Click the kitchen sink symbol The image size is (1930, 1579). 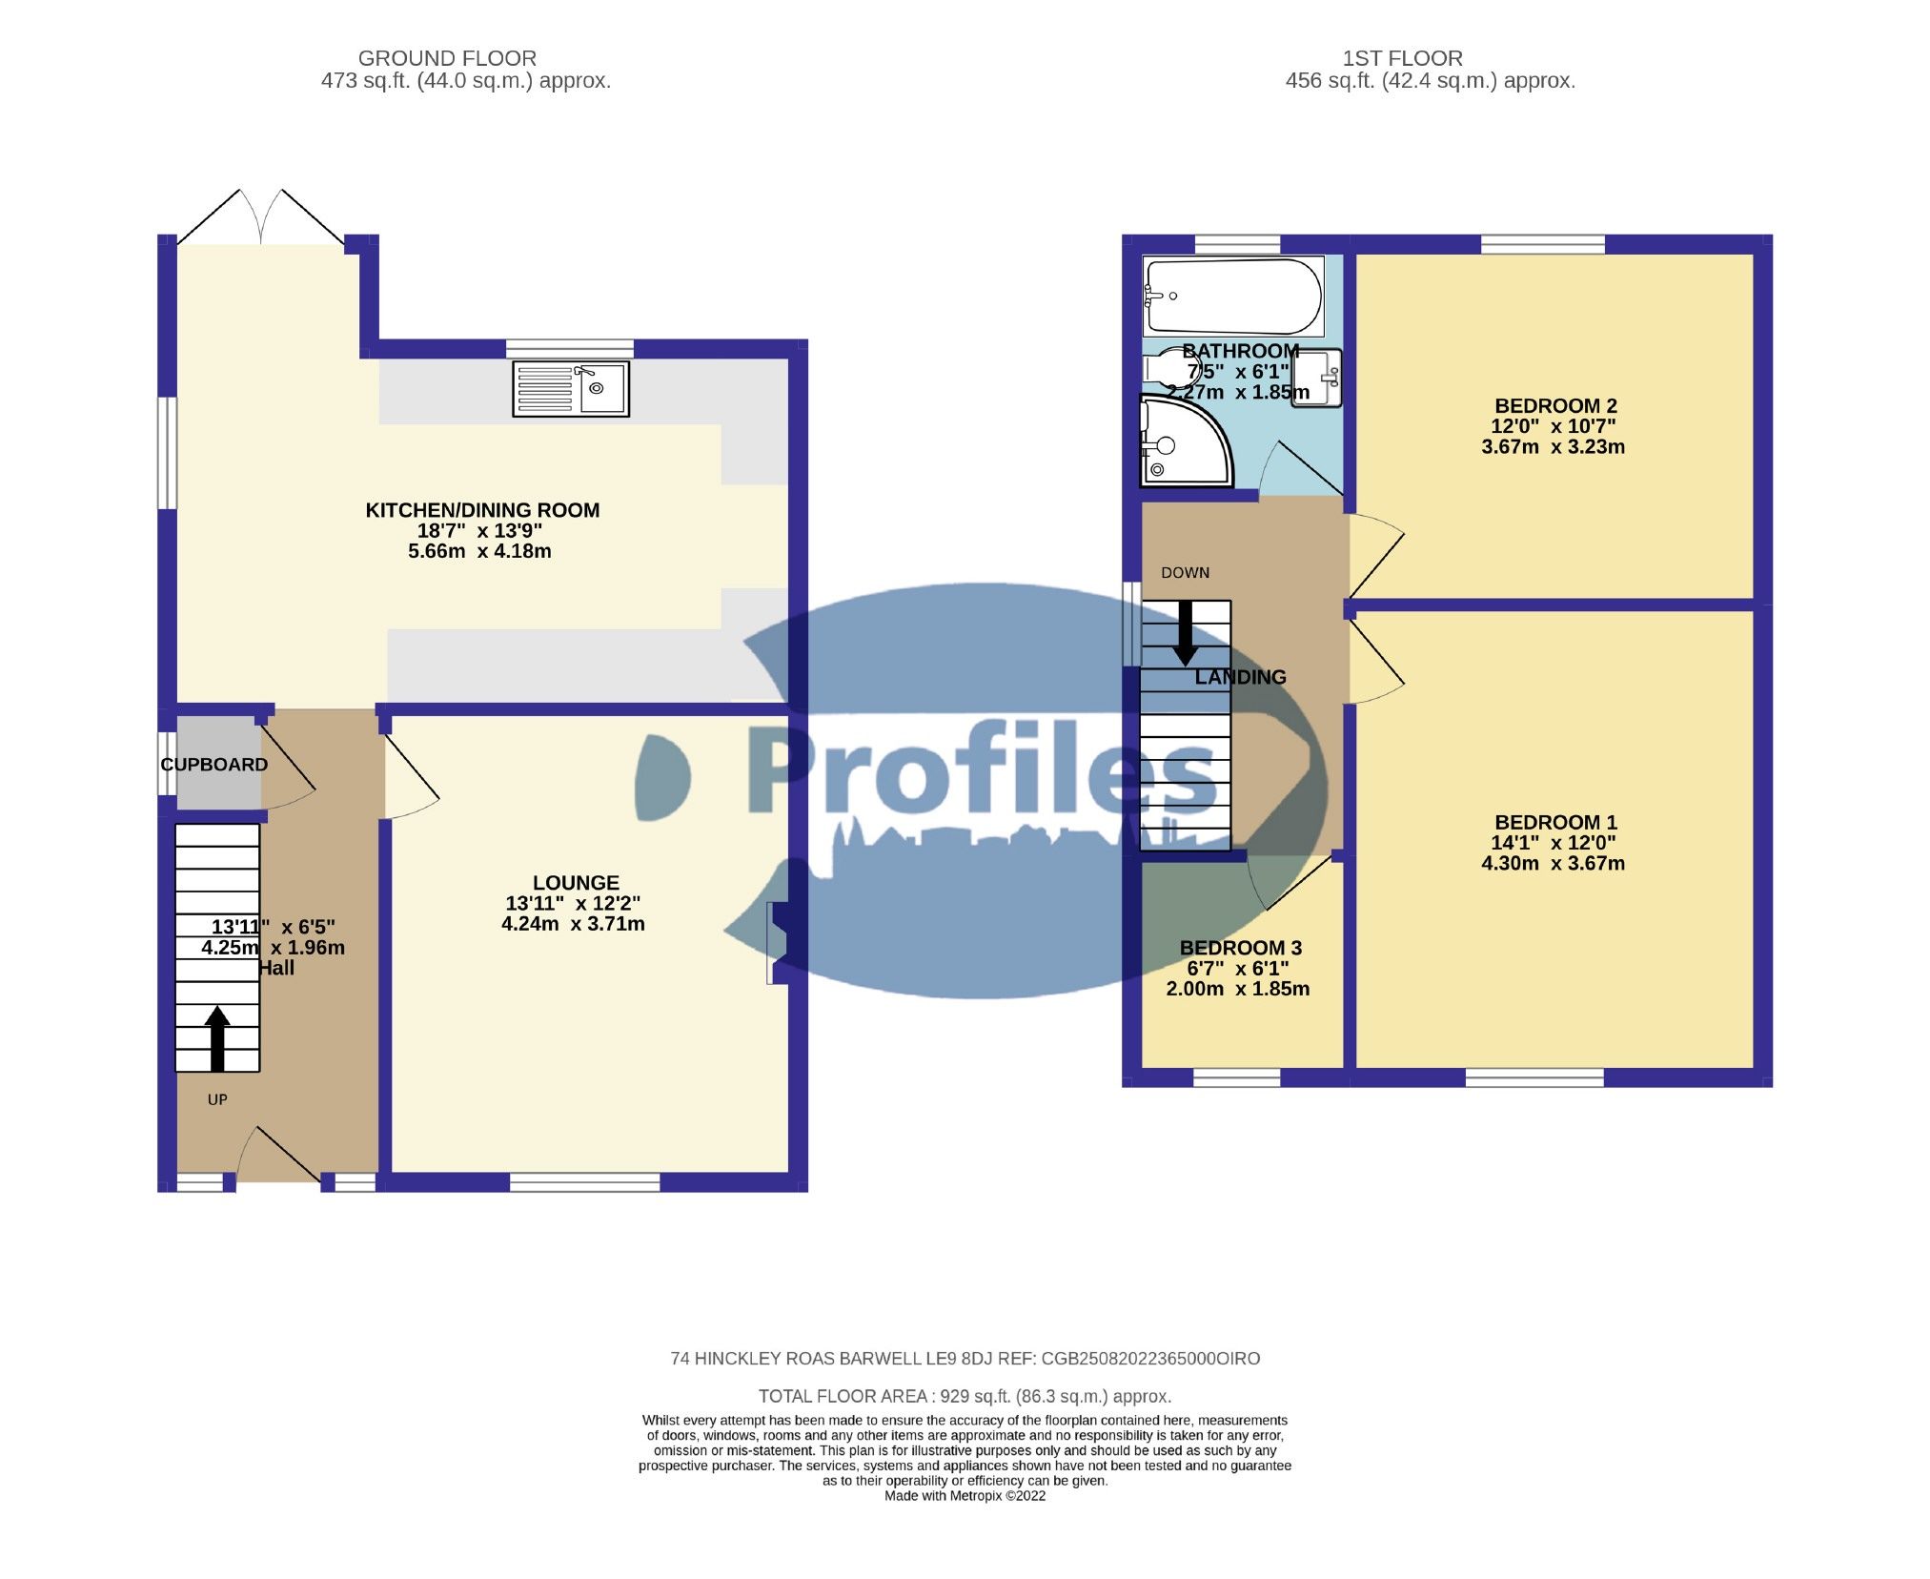[571, 389]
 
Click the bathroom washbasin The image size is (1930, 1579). [1316, 379]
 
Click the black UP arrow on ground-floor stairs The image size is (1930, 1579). [217, 1038]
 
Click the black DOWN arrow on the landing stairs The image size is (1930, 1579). [1185, 632]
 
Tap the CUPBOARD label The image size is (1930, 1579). [214, 765]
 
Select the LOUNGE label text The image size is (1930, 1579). [576, 883]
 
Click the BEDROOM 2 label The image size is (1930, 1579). [1555, 405]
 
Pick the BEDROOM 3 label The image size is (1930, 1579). [1240, 948]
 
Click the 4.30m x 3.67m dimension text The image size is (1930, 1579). [1553, 864]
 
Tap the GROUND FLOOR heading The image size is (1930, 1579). [446, 58]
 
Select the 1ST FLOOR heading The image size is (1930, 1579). [1402, 58]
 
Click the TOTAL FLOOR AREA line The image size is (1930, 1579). [965, 1396]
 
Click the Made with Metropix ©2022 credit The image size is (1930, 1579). [965, 1496]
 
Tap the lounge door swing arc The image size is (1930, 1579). [412, 784]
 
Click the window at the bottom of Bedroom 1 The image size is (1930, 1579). [1534, 1077]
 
